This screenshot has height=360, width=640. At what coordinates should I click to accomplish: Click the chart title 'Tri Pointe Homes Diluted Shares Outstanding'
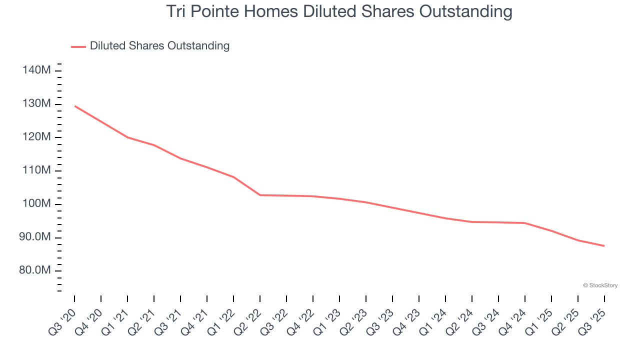pyautogui.click(x=339, y=11)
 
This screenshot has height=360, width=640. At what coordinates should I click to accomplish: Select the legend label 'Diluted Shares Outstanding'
pyautogui.click(x=159, y=45)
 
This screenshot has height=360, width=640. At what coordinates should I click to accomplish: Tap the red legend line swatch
pyautogui.click(x=78, y=47)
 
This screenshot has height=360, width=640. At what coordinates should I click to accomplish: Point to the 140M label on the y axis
pyautogui.click(x=36, y=70)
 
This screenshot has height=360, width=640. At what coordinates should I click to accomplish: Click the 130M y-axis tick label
pyautogui.click(x=36, y=103)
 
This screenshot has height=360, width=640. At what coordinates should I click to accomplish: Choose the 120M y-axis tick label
pyautogui.click(x=36, y=137)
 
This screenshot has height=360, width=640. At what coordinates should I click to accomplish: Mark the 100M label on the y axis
pyautogui.click(x=36, y=203)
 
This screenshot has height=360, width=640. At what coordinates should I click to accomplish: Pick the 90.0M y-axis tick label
pyautogui.click(x=35, y=237)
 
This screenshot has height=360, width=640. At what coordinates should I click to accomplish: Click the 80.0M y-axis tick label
pyautogui.click(x=35, y=270)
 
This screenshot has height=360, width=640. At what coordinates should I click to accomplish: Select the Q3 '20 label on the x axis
pyautogui.click(x=62, y=322)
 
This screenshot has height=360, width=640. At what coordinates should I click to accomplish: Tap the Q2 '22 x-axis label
pyautogui.click(x=247, y=322)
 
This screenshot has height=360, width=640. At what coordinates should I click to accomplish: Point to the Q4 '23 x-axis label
pyautogui.click(x=406, y=322)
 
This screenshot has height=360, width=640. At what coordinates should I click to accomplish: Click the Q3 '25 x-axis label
pyautogui.click(x=592, y=322)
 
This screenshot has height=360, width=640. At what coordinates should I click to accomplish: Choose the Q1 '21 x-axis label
pyautogui.click(x=115, y=322)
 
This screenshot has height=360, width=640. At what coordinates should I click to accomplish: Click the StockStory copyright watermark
pyautogui.click(x=600, y=285)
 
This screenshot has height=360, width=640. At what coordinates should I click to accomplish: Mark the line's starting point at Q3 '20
pyautogui.click(x=74, y=106)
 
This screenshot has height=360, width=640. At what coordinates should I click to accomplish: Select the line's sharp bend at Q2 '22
pyautogui.click(x=260, y=195)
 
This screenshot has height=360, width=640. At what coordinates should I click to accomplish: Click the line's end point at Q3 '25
pyautogui.click(x=604, y=245)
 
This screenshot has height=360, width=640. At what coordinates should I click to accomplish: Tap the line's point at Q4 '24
pyautogui.click(x=525, y=223)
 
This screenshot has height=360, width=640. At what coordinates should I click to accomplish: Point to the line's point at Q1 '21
pyautogui.click(x=127, y=137)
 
